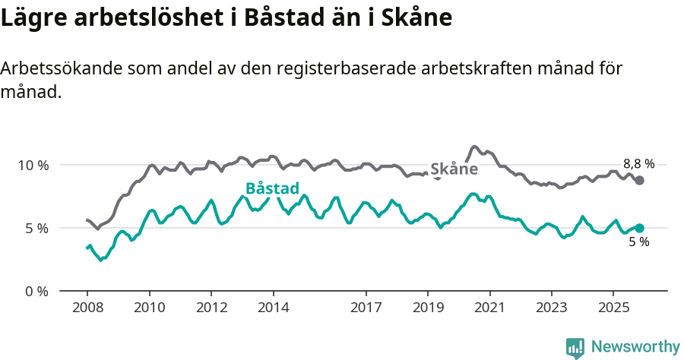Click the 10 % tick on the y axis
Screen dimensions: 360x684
click(x=33, y=165)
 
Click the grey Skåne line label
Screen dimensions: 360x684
click(x=454, y=169)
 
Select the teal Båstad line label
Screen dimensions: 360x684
click(x=272, y=189)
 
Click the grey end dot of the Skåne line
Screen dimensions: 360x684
click(x=640, y=180)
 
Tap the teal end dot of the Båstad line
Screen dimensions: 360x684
click(x=640, y=228)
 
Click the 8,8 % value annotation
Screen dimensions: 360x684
click(x=638, y=163)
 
